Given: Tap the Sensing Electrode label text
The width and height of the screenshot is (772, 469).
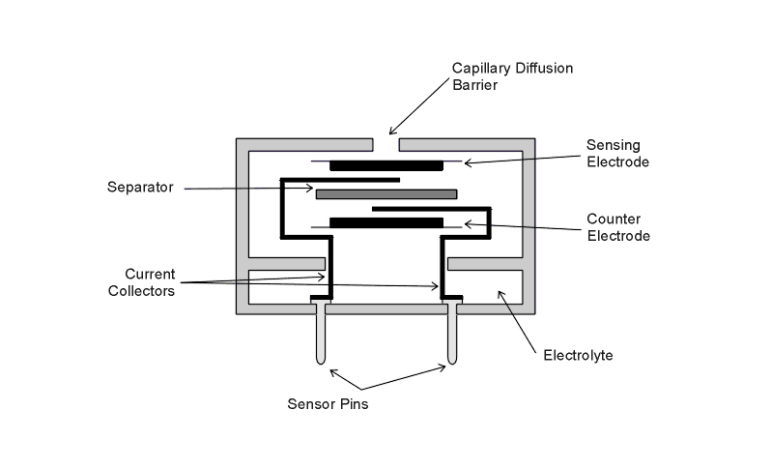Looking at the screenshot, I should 617,153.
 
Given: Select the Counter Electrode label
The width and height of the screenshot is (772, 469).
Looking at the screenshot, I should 617,226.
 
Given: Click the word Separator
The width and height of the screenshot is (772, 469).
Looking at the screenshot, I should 140,188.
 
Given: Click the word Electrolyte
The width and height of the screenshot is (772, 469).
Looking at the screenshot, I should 577,356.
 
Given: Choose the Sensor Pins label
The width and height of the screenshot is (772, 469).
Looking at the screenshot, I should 328,404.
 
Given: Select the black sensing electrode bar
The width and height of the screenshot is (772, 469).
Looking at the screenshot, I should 386,165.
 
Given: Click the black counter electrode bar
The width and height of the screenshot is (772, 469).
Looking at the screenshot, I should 386,222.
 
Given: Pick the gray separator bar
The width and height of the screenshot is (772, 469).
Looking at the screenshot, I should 386,194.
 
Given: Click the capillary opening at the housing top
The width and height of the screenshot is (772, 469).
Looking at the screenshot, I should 386,145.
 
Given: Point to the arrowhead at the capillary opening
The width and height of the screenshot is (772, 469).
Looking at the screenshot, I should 391,132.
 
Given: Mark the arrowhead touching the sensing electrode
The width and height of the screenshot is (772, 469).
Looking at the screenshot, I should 467,163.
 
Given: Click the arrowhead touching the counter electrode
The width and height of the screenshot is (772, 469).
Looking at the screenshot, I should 467,223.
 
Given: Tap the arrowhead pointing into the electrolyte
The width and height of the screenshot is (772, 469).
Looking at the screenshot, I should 498,293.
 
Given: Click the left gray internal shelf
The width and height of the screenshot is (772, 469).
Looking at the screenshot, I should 287,264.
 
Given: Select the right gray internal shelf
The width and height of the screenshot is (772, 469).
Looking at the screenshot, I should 486,264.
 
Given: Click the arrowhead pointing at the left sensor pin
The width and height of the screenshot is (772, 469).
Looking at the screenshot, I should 331,370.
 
